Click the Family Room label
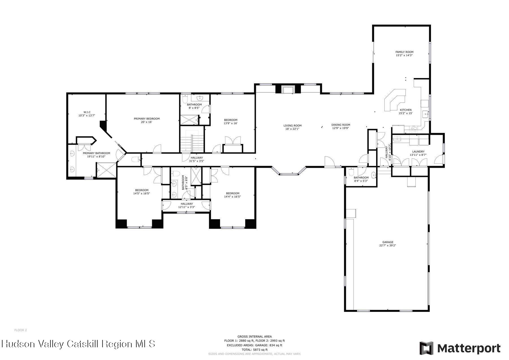pos(404,52)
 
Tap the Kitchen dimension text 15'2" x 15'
pos(406,113)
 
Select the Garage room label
pos(388,242)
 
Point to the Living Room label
pos(292,126)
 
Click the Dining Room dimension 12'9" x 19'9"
pos(341,128)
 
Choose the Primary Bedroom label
pos(147,119)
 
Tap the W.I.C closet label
pos(87,112)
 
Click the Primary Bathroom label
pos(96,153)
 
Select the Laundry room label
pos(418,152)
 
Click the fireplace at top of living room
pos(288,89)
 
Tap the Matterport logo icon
pos(426,348)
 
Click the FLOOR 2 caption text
pos(21,330)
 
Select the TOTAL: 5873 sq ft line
pos(255,350)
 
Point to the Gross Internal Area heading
pos(255,337)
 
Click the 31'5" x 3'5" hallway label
pos(197,161)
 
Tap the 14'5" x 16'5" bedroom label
pos(141,193)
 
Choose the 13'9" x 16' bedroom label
pos(230,123)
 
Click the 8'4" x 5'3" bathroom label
pos(361,181)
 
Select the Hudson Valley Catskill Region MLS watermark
pos(78,344)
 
